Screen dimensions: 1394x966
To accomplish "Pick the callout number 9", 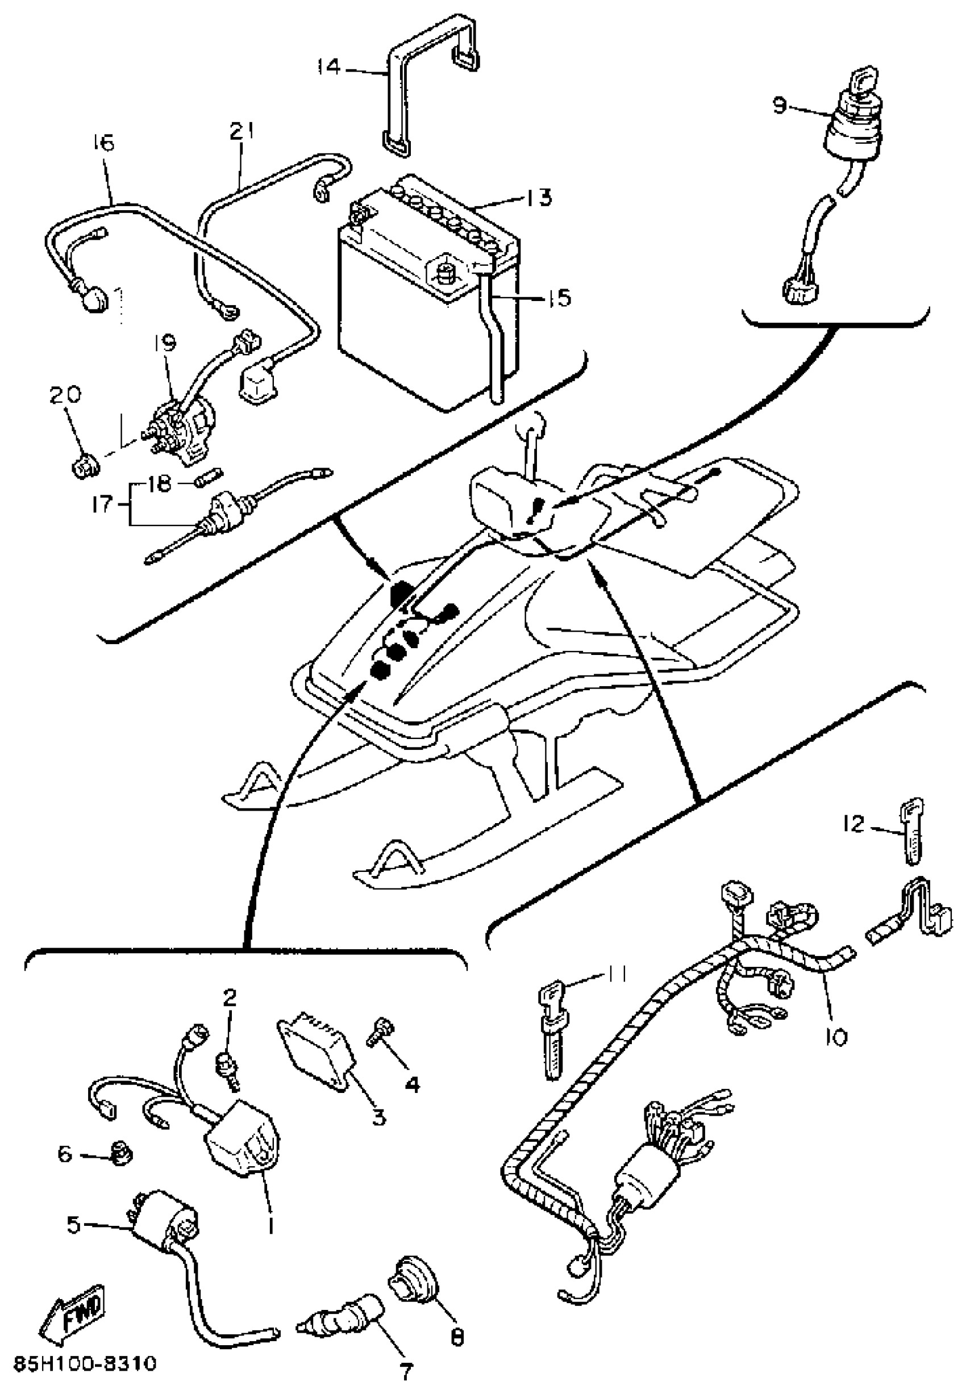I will (x=780, y=105).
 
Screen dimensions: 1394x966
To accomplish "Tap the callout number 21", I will (x=241, y=132).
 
